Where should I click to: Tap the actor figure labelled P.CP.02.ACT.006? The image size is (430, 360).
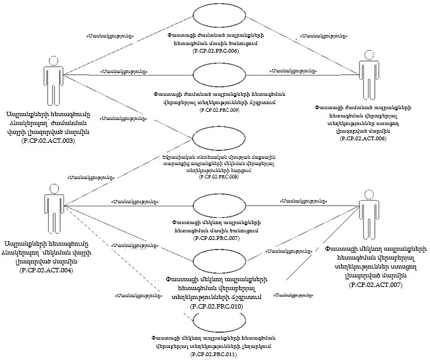[367, 79]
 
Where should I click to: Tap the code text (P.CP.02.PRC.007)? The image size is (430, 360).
[216, 237]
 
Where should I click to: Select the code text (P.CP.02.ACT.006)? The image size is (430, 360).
[367, 138]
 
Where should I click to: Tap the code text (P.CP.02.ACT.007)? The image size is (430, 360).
[375, 286]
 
